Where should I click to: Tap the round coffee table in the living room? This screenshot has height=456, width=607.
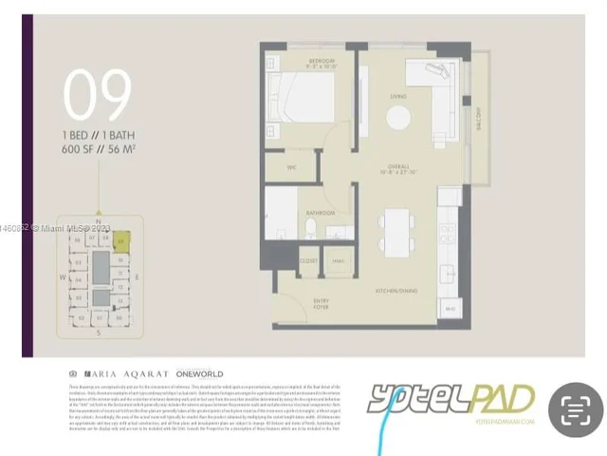click(x=398, y=117)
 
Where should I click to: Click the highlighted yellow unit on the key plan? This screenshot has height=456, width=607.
click(x=120, y=243)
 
